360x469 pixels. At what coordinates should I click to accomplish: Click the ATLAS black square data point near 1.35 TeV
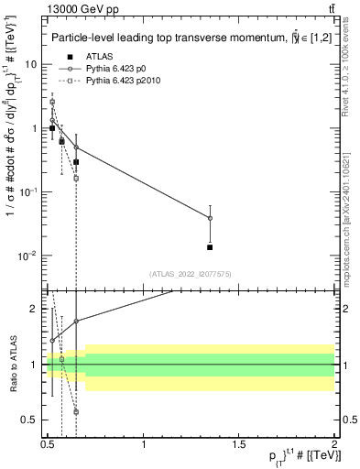coord(211,247)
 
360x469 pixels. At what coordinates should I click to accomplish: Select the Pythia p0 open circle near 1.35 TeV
coord(211,218)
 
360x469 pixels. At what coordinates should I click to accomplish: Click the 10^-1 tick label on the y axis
coord(29,191)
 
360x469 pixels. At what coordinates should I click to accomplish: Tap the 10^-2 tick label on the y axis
coord(29,255)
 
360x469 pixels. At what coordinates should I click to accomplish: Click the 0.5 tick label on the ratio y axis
coord(29,420)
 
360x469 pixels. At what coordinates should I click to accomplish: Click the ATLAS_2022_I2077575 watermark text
coord(191,273)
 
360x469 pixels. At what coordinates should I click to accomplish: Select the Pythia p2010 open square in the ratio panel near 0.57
coord(61,359)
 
